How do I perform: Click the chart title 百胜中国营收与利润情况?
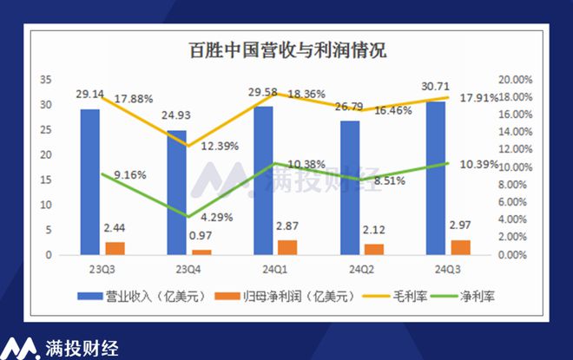[x=287, y=49]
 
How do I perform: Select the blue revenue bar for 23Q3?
[x=89, y=182]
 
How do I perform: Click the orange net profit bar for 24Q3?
[x=462, y=247]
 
